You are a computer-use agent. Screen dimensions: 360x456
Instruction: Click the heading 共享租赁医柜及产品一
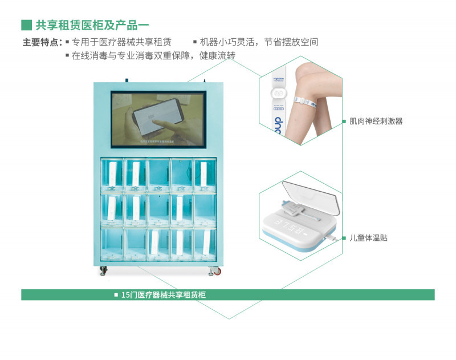pyautogui.click(x=92, y=25)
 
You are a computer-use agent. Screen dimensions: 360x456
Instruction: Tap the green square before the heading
pyautogui.click(x=26, y=25)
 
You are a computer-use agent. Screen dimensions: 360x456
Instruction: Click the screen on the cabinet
pyautogui.click(x=157, y=118)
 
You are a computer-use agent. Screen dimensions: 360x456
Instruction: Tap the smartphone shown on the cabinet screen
pyautogui.click(x=157, y=114)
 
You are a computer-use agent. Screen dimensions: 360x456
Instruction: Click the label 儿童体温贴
pyautogui.click(x=368, y=238)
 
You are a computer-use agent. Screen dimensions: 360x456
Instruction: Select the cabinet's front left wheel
pyautogui.click(x=103, y=271)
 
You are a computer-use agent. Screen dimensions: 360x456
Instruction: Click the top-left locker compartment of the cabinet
pyautogui.click(x=112, y=175)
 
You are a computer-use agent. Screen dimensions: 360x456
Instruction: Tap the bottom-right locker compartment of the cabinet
pyautogui.click(x=205, y=245)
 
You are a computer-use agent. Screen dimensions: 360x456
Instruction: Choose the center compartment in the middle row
pyautogui.click(x=158, y=210)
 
